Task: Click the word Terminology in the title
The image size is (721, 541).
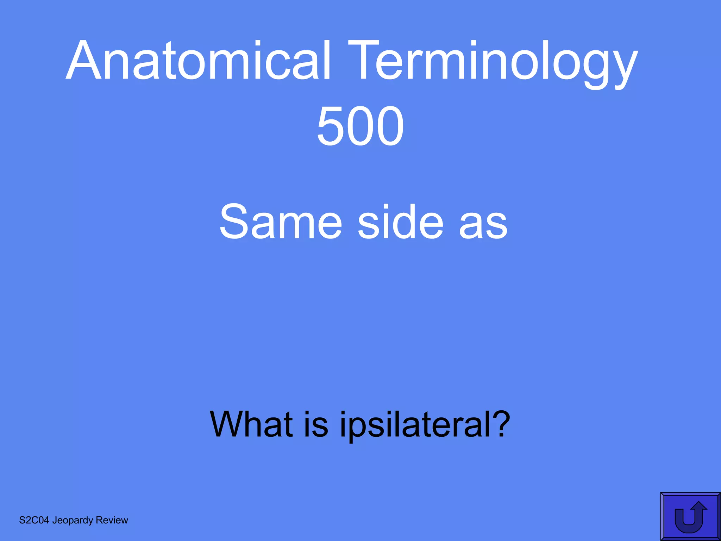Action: click(493, 63)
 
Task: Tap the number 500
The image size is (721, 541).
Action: click(360, 126)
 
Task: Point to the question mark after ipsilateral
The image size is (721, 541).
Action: click(500, 423)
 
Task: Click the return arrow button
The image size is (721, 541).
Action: click(690, 517)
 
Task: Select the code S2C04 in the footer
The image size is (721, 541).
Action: click(34, 520)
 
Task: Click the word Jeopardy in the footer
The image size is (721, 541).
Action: click(73, 521)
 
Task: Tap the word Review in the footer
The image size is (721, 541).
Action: click(112, 520)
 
